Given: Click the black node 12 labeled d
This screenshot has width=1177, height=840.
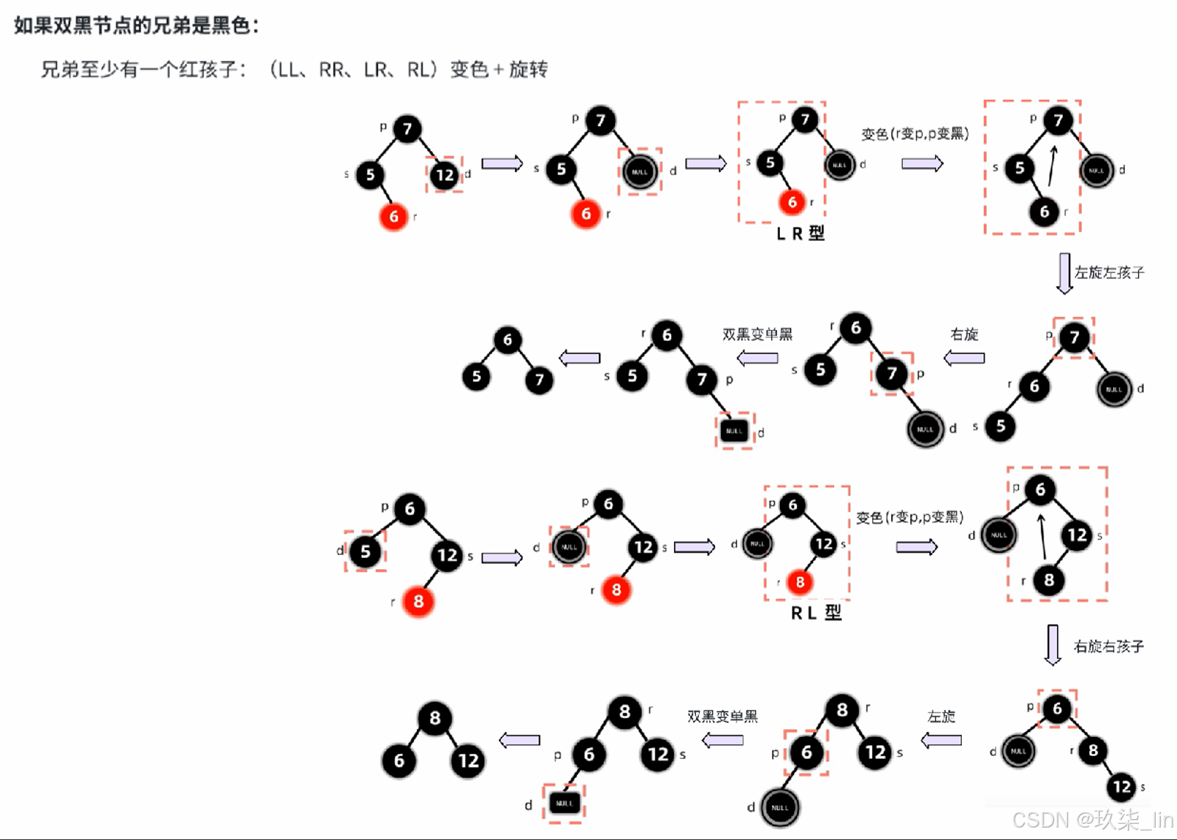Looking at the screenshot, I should pos(444,175).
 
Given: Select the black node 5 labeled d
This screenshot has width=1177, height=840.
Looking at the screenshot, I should pos(365,552).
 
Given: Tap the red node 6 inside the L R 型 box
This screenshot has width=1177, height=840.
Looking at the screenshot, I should pos(792,202).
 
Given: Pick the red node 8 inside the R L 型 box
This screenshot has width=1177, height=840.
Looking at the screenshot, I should pos(799,582).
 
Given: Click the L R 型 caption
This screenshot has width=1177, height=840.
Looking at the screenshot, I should pos(801,234).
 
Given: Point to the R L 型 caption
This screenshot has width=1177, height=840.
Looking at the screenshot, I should pos(816,613).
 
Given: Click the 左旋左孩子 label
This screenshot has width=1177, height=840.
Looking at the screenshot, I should pos(1109,273).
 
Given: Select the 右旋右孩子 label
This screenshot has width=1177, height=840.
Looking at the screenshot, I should pos(1109,647).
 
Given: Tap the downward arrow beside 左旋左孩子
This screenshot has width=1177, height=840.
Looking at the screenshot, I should pos(1064,274).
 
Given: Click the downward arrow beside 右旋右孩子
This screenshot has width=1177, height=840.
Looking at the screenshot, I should pos(1053,645).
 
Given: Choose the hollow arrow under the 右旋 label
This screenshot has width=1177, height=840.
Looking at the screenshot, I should pos(964,359).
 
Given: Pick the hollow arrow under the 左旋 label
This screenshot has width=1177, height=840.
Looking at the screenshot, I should pos(941,740).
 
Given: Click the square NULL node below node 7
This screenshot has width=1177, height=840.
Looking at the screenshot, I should pos(734,431).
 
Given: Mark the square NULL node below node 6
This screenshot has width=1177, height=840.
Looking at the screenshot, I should pos(564,803).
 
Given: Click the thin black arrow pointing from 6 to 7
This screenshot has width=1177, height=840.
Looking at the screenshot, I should pos(1053,166).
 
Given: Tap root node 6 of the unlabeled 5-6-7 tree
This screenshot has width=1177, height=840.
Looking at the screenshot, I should pos(507,339).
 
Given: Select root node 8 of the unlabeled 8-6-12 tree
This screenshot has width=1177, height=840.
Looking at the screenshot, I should pos(435,718).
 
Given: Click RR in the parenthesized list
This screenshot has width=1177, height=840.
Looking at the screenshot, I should pos(331,70).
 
